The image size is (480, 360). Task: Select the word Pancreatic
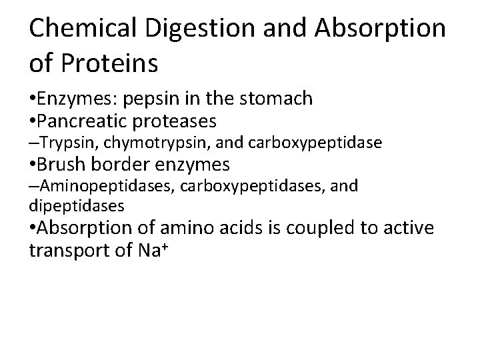point(83,122)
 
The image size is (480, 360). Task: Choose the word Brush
point(62,163)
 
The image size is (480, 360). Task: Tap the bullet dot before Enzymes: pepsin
point(33,99)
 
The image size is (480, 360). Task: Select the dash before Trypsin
point(33,142)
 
